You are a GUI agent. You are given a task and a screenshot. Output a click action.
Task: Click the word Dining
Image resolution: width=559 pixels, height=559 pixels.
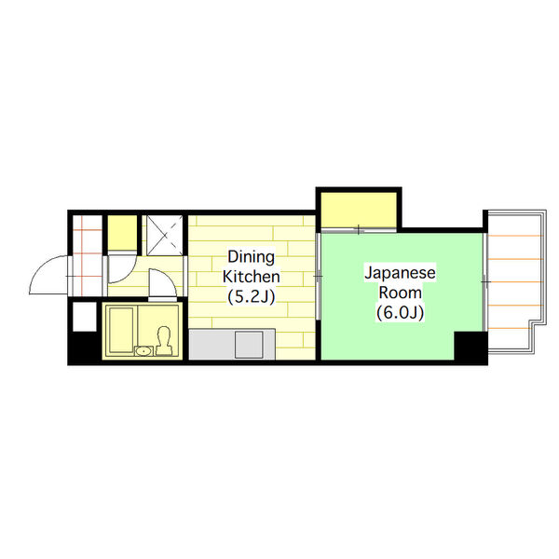coord(252,257)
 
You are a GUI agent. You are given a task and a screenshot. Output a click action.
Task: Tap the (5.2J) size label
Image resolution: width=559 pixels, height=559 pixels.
coord(252,296)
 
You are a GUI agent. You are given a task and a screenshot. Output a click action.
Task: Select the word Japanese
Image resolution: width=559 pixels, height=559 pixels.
coord(400,273)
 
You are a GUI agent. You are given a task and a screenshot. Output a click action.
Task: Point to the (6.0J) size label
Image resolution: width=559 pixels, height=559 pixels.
coord(400,313)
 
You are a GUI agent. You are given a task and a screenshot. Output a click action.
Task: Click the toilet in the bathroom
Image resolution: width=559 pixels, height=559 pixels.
coord(164,341)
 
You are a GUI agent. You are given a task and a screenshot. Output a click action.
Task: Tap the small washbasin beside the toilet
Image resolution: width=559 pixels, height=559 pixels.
coord(143,351)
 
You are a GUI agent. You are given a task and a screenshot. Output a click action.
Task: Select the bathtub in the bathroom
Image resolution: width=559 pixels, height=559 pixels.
coord(121,330)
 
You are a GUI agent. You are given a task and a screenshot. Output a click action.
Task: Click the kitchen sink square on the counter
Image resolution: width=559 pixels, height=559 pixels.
coord(249,345)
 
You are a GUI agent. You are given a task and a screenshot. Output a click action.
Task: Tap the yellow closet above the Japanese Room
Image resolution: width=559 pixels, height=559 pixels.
coord(359,210)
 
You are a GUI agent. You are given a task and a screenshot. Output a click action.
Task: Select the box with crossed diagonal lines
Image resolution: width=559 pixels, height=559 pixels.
coord(165,235)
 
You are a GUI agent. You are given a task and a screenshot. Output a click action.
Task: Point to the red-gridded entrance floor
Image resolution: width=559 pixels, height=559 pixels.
coord(88,255)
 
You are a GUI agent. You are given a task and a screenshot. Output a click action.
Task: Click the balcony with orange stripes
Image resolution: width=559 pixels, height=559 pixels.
coord(515,281)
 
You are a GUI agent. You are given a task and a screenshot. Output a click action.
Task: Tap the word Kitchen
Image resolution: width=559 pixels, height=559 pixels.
coord(252,277)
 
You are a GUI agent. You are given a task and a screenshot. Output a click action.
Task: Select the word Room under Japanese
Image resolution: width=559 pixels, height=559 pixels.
coord(400,293)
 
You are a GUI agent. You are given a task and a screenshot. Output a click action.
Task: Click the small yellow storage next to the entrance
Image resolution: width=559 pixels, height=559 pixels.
coord(122,232)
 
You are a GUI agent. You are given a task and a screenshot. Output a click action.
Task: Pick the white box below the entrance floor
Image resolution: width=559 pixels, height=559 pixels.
coord(85,317)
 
